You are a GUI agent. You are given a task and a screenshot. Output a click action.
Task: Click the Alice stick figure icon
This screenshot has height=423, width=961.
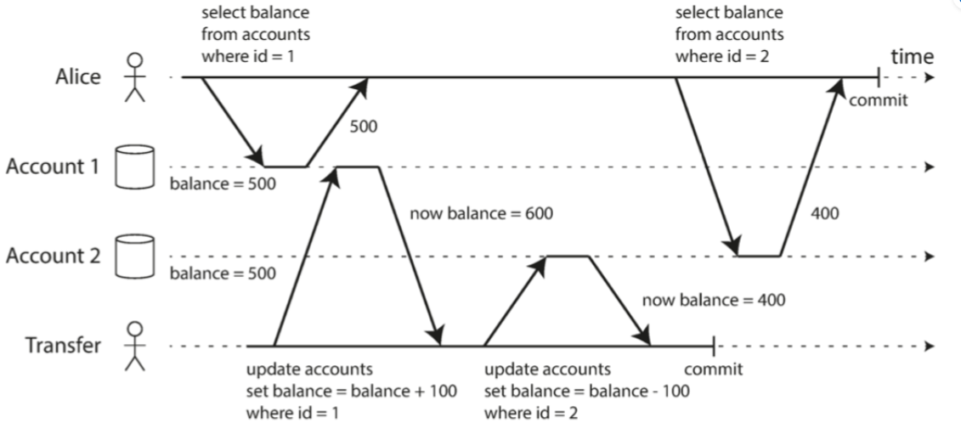133,76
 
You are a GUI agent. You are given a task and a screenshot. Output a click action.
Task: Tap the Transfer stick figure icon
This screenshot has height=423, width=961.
133,346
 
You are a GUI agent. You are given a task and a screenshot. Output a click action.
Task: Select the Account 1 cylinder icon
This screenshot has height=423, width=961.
134,166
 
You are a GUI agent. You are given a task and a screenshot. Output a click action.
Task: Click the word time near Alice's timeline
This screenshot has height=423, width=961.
912,57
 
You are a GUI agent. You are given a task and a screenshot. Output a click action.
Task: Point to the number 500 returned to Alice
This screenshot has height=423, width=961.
364,128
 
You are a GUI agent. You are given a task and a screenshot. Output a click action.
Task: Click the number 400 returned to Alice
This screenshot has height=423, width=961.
825,214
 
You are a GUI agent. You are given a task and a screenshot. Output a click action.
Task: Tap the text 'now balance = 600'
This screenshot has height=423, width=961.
481,214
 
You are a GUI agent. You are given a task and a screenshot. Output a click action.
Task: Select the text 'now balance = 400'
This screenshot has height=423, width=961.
714,299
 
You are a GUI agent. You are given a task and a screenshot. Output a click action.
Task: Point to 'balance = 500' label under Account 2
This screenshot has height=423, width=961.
223,274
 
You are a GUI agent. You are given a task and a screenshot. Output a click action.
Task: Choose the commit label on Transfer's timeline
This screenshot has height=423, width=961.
713,369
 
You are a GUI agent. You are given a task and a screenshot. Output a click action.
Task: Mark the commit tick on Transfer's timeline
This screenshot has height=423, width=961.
714,346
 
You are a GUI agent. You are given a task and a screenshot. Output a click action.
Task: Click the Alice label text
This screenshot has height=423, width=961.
77,76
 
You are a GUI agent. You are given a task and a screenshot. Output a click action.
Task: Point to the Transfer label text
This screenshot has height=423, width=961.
63,346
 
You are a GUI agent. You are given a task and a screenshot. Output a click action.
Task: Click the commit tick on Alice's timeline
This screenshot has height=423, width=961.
879,77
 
